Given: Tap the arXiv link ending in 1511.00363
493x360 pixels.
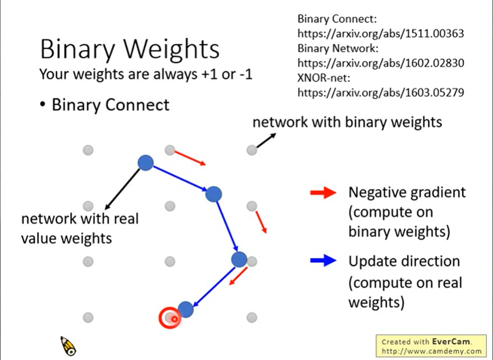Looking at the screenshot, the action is click(381, 33).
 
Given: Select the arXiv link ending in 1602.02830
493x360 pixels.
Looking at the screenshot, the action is click(381, 63).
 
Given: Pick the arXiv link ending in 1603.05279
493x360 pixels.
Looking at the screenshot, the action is click(381, 92).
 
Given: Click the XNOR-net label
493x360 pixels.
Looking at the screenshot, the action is click(324, 78).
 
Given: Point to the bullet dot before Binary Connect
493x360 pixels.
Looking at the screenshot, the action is click(43, 105).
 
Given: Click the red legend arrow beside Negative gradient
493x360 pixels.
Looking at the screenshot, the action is click(323, 193).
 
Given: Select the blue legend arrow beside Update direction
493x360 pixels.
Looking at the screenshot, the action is click(323, 260).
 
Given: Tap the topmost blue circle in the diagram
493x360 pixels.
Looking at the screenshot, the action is click(145, 163).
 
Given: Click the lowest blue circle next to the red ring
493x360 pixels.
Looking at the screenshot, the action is click(186, 309).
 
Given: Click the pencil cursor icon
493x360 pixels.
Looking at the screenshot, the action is click(68, 346).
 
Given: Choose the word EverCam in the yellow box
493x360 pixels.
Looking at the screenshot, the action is click(451, 342).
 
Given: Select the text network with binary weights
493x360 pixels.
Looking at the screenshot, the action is click(347, 122).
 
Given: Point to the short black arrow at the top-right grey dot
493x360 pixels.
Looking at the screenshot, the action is click(267, 140).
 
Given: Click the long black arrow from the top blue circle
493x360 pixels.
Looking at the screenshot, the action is click(122, 189).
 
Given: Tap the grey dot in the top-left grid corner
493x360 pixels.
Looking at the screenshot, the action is click(88, 150).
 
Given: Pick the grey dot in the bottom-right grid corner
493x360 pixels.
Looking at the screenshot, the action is click(252, 317).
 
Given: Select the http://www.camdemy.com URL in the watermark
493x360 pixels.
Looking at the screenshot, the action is click(432, 351).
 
